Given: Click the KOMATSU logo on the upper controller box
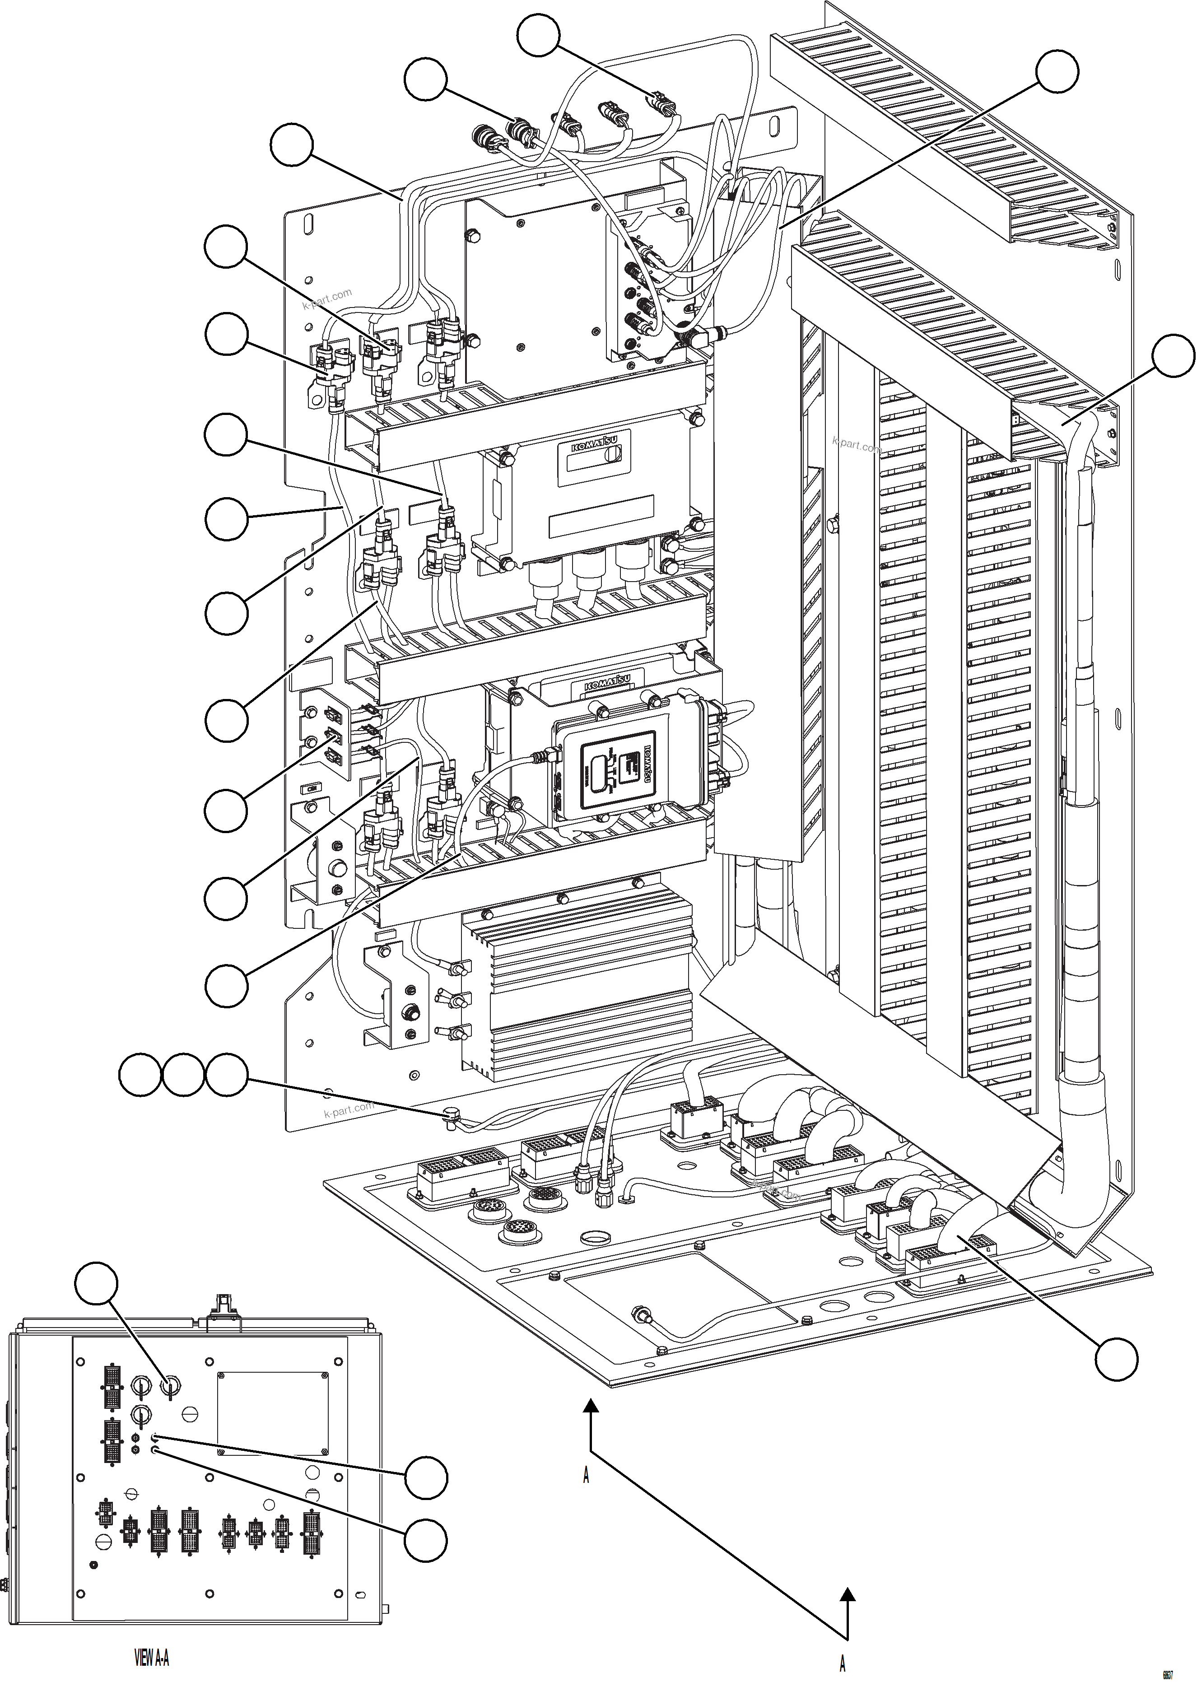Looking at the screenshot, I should (x=594, y=447).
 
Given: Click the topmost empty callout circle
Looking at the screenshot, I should (x=539, y=35).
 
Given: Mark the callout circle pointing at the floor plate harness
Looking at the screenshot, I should (x=1116, y=1358).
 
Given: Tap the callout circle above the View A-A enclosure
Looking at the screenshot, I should (x=97, y=1284).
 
